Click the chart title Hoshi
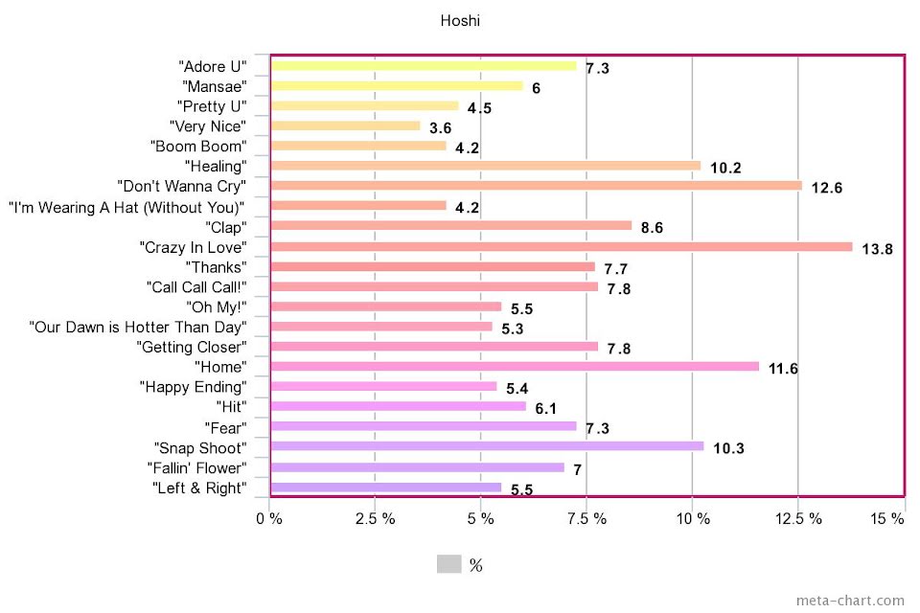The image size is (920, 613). coord(460,20)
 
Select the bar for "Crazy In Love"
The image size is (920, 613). coord(562,246)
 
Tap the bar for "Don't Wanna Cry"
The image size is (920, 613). coord(536,186)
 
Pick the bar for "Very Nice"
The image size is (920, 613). coord(346,125)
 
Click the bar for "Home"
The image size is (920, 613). coord(515,366)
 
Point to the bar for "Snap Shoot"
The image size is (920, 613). coord(487,446)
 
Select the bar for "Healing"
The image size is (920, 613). coord(486,166)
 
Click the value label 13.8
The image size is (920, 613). coord(877,249)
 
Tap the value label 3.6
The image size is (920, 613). coord(441,128)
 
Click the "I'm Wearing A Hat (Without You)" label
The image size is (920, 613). coord(126,207)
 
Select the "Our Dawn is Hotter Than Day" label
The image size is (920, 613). coord(138,328)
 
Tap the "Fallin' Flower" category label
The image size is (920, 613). coord(197,468)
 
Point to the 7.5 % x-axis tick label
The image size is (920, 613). coord(586,519)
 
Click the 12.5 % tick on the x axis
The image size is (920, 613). coord(798,519)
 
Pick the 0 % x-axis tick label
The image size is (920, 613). coord(269,519)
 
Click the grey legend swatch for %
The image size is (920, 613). coord(449,564)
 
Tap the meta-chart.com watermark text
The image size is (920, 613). coord(849,601)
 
